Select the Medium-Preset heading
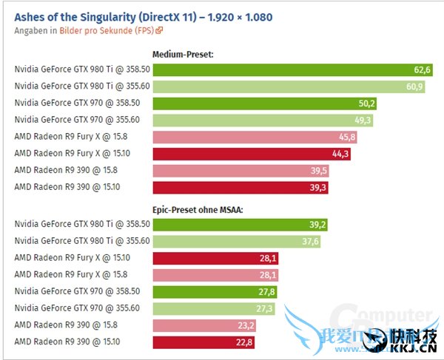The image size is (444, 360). click(182, 54)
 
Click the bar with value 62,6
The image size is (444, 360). click(292, 69)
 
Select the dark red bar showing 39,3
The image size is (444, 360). click(240, 188)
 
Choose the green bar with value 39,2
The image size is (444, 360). click(240, 223)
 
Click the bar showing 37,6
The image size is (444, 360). click(236, 240)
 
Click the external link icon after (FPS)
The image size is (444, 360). click(159, 31)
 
